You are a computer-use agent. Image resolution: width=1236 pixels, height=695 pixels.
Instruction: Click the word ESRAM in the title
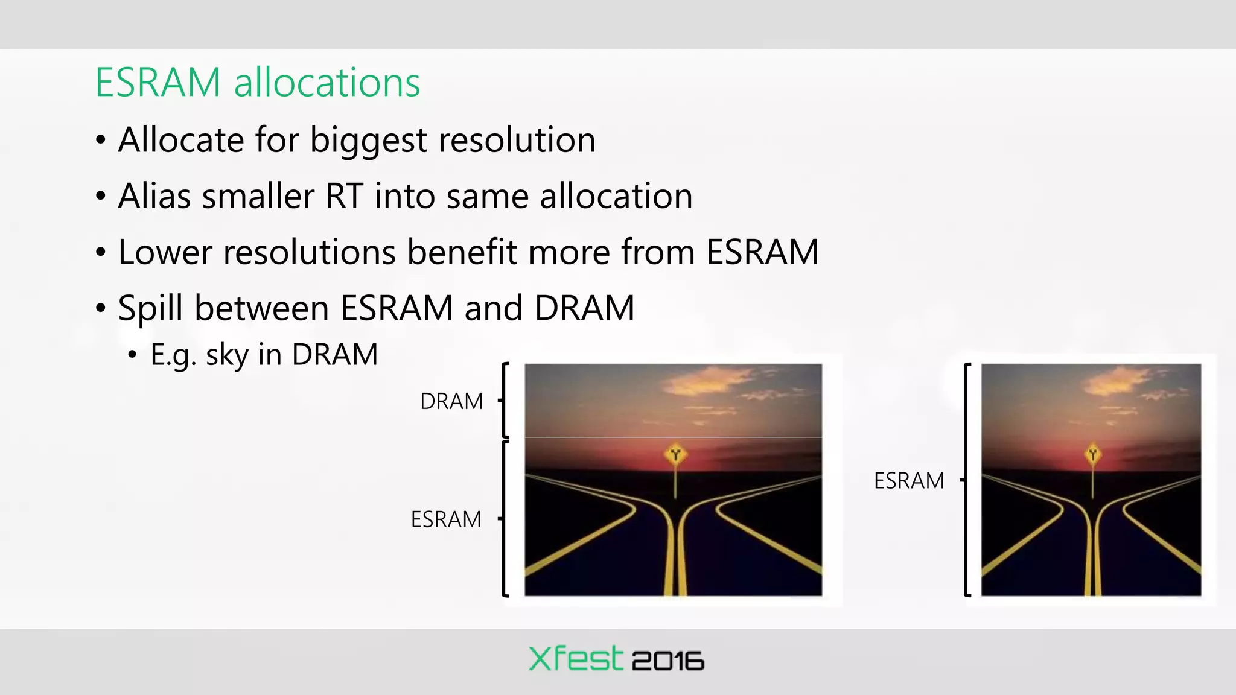158,83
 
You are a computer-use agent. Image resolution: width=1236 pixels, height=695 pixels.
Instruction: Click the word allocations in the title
327,83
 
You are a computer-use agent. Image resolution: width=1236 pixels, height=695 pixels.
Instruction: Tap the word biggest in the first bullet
368,140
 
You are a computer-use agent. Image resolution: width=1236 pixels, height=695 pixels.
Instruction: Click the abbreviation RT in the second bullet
344,196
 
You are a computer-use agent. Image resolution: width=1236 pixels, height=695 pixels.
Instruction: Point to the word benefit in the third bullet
462,252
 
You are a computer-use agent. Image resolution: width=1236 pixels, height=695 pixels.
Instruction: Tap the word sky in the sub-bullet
227,355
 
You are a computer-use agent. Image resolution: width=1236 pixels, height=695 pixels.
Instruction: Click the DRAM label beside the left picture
451,401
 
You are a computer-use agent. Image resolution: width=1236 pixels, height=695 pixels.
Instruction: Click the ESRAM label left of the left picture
446,519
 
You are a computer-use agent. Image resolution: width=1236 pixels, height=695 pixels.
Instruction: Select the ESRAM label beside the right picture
909,481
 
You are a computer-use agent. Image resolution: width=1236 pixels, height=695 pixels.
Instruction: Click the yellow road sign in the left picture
675,454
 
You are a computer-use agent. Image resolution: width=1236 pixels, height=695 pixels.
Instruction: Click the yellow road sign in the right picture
1093,454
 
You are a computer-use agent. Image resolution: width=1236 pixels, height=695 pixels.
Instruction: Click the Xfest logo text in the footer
575,659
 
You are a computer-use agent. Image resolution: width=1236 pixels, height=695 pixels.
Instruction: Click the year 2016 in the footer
667,661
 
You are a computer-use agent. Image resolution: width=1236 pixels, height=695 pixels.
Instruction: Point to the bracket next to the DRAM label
505,400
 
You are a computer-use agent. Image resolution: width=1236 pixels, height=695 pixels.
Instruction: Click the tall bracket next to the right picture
966,480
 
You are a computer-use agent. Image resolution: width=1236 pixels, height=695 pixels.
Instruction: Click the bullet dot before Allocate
101,141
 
